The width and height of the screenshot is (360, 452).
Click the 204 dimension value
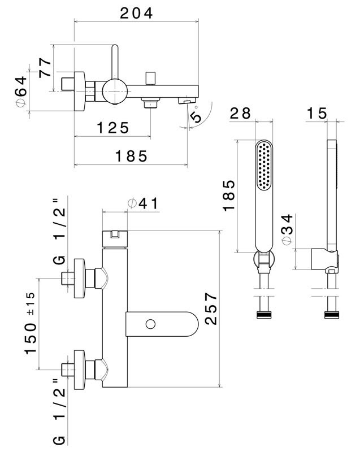[x=136, y=13]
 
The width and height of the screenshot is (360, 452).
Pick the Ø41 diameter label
[x=143, y=204]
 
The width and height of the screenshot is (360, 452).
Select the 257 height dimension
[x=209, y=308]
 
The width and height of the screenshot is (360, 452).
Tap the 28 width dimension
[x=240, y=113]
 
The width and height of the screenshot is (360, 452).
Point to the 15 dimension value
[x=317, y=113]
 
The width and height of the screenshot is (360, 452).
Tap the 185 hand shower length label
[x=228, y=195]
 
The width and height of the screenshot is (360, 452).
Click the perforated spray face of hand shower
[x=264, y=167]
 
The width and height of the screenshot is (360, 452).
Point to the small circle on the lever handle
[x=150, y=324]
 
